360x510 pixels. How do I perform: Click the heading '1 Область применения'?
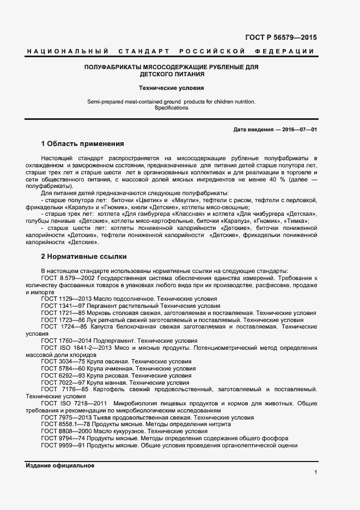pos(83,144)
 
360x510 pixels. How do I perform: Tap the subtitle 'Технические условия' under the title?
pos(171,87)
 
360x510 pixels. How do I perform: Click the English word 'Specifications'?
pos(171,108)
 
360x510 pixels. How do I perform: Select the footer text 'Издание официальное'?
pos(60,466)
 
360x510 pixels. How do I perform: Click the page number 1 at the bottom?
pos(315,472)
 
